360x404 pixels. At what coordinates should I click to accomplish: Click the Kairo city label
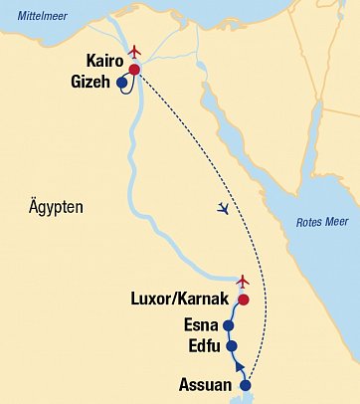click(x=104, y=62)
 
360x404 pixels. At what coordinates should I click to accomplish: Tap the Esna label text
click(x=202, y=324)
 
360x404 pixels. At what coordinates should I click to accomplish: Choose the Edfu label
click(x=204, y=346)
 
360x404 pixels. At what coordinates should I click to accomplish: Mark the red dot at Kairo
click(x=134, y=70)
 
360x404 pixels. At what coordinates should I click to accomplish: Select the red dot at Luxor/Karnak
click(x=242, y=300)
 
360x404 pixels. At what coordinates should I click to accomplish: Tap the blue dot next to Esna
click(x=228, y=325)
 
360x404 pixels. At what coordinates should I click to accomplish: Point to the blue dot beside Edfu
click(x=232, y=346)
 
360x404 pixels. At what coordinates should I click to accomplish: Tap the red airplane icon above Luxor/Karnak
click(x=242, y=282)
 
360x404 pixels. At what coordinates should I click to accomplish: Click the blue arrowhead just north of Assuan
click(x=240, y=370)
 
